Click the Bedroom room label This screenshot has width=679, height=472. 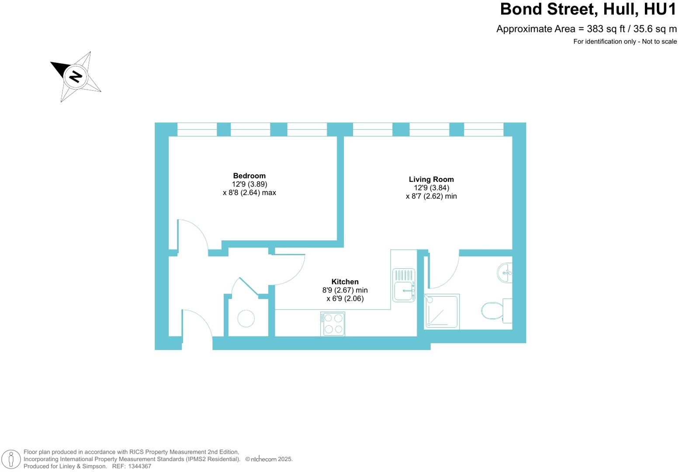[x=249, y=176]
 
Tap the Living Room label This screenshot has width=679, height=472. [x=431, y=179]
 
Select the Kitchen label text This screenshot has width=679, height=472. [x=345, y=282]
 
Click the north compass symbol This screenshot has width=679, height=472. [x=76, y=76]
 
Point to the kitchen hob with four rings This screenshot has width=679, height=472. [x=333, y=324]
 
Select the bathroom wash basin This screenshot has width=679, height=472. [x=505, y=273]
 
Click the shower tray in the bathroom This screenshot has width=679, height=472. [x=442, y=312]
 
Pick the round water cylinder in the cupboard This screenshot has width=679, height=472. [x=246, y=319]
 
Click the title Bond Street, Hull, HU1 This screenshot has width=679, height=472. [x=588, y=9]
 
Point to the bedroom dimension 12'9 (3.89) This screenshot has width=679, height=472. [x=249, y=184]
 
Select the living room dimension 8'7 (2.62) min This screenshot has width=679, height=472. [x=431, y=196]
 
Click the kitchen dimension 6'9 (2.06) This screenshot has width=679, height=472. [x=345, y=298]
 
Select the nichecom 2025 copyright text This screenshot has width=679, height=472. [x=269, y=459]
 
